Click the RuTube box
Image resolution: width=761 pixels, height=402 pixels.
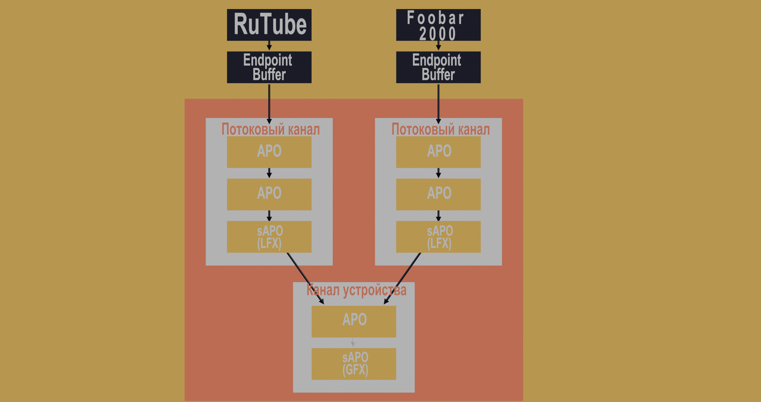point(269,25)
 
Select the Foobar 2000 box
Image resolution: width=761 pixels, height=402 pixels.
point(438,25)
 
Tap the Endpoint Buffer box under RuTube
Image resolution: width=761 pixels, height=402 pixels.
point(269,67)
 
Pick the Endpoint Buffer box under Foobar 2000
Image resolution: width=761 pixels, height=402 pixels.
point(438,67)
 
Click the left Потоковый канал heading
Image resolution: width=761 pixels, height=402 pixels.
point(270,130)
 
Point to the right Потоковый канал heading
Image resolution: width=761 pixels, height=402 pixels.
point(440,130)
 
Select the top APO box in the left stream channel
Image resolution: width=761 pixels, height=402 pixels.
point(269,152)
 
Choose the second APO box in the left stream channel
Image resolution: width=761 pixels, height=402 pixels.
point(269,194)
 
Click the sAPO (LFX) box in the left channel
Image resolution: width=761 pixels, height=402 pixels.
point(269,236)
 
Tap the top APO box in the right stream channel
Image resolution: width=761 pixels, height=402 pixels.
point(438,152)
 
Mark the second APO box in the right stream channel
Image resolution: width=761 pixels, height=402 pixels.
point(438,194)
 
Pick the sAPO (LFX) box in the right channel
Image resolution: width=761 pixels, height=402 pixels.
point(438,236)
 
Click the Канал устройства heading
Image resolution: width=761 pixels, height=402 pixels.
point(356,291)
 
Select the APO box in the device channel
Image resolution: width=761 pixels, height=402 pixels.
point(354,321)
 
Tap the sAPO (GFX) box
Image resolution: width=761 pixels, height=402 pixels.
point(354,363)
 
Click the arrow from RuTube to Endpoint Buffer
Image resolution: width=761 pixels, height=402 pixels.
point(270,46)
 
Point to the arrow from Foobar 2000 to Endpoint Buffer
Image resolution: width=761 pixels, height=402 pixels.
point(438,46)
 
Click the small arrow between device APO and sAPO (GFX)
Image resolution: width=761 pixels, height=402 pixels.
point(354,343)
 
